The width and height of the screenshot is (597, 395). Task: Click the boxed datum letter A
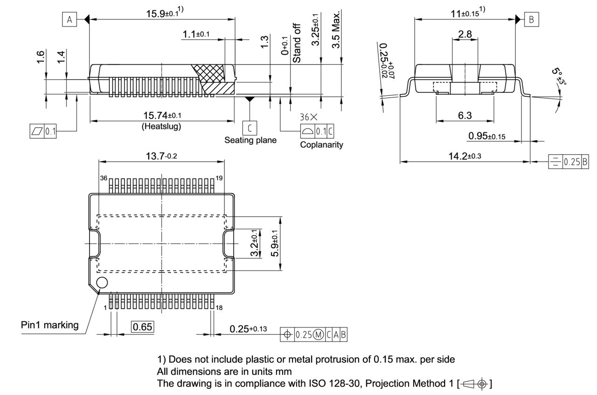point(69,20)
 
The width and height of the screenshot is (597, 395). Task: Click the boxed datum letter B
point(532,20)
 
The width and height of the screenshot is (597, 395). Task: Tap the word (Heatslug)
point(161,126)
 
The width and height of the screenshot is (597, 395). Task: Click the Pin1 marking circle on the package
point(101,282)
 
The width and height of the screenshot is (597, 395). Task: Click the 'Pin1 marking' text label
point(50,325)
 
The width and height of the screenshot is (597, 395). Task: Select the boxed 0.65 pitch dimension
point(142,327)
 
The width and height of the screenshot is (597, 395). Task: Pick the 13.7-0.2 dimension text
point(161,156)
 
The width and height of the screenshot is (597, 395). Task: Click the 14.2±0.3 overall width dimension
point(465,157)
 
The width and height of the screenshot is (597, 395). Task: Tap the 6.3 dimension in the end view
point(465,116)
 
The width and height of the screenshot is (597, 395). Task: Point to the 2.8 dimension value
point(465,34)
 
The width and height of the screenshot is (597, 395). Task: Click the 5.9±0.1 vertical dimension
point(275,243)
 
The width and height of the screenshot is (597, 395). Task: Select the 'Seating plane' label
point(250,140)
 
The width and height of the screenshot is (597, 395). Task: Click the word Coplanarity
point(321,145)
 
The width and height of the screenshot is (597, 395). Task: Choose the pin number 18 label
point(219,307)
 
